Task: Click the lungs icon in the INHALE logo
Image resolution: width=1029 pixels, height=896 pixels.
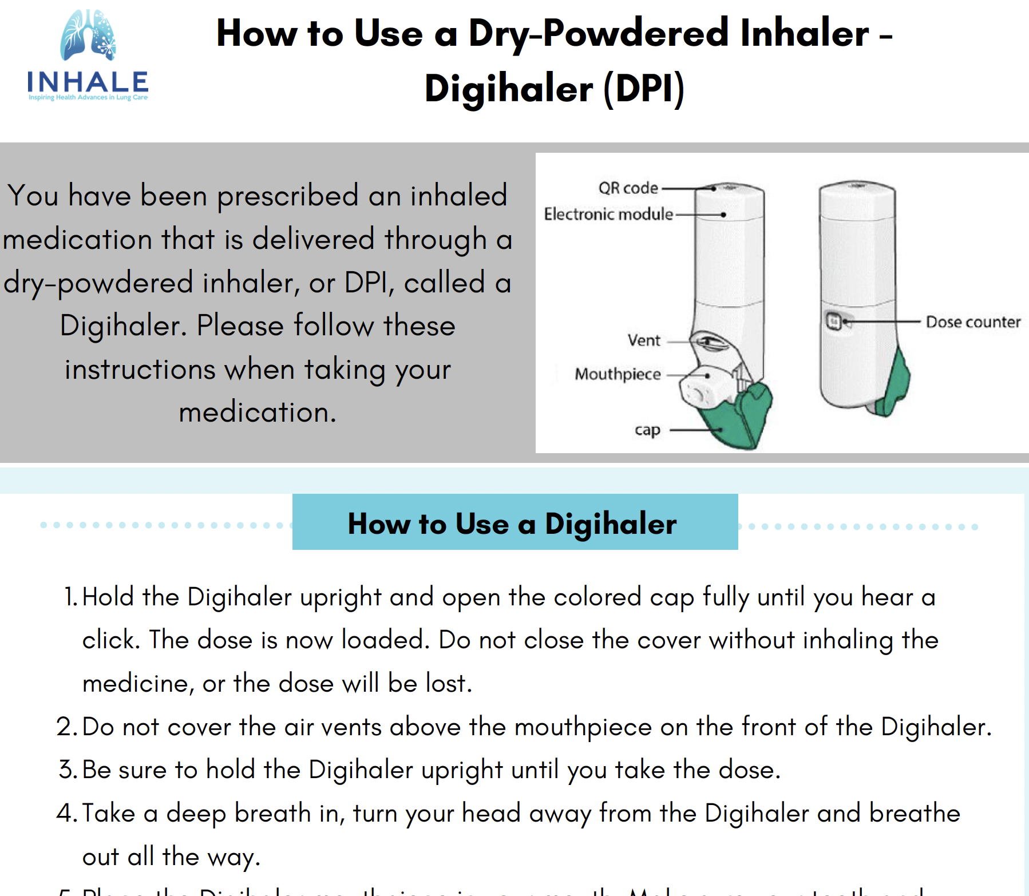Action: (88, 35)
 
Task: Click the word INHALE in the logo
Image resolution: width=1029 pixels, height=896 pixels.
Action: (88, 82)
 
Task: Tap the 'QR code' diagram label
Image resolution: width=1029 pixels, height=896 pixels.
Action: (628, 188)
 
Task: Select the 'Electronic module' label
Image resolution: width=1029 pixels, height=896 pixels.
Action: (608, 214)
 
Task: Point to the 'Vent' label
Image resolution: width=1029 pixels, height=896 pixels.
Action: (644, 340)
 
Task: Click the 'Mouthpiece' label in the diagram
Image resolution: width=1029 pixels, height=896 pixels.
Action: (618, 374)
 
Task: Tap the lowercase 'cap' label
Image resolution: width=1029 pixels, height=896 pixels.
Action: (647, 430)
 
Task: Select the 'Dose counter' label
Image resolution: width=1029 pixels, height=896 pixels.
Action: (973, 322)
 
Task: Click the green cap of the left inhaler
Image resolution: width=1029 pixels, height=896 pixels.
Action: (738, 418)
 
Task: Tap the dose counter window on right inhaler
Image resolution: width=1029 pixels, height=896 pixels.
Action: (834, 322)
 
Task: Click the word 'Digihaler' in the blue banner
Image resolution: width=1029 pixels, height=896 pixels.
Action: (610, 524)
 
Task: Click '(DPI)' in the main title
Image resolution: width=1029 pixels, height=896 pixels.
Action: (644, 89)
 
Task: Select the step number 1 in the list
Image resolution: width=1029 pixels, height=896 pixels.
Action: (70, 597)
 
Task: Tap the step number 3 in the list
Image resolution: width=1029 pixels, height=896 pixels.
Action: (68, 770)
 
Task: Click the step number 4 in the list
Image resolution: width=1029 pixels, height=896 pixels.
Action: (66, 813)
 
